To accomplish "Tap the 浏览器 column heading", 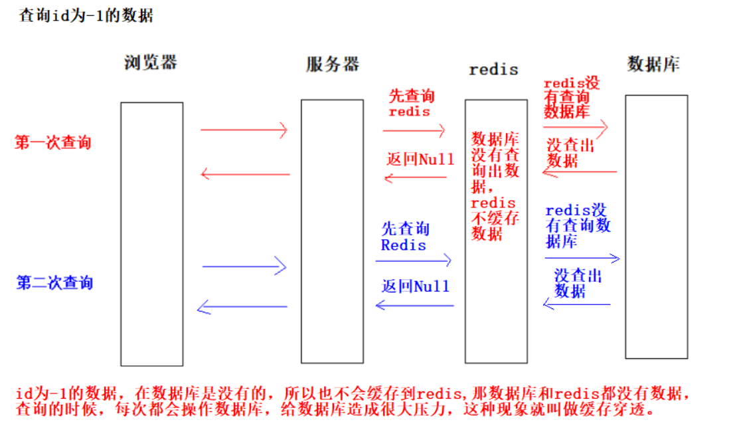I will coord(151,63).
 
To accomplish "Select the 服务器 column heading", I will coord(333,64).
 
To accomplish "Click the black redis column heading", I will coord(493,69).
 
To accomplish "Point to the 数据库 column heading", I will coord(653,64).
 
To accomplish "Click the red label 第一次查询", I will coord(53,143).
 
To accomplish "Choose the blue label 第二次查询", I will coord(54,283).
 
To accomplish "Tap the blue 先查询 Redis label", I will coord(405,237).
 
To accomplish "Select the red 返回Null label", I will coord(420,160).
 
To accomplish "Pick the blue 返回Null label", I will coord(416,286).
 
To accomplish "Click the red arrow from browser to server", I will coord(244,130).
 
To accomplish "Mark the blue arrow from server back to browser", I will coord(242,307).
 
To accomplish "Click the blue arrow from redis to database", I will coord(582,258).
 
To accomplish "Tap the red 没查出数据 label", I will coord(570,154).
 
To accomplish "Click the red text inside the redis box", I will coord(495,186).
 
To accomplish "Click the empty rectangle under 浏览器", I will coord(151,233).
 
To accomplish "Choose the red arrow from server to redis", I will coord(414,131).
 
